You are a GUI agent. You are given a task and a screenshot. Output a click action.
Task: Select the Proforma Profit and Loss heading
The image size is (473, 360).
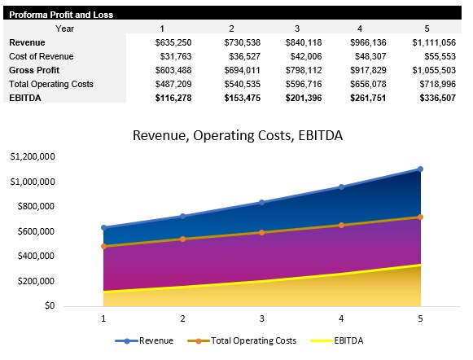(61, 15)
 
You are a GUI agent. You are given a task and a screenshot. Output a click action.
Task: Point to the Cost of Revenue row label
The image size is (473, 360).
(41, 56)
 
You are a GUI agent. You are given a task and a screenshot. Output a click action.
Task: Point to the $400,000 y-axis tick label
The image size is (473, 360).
(35, 257)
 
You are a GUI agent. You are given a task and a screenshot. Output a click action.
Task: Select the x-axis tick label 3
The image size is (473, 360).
(262, 318)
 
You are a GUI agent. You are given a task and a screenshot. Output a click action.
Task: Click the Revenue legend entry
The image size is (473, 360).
(151, 340)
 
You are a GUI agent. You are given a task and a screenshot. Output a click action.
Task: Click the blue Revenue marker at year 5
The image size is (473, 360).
(421, 169)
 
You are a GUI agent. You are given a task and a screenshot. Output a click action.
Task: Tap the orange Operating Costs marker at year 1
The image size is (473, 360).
(103, 246)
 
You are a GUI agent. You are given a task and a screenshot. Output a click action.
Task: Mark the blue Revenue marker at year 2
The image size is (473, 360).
(182, 216)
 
